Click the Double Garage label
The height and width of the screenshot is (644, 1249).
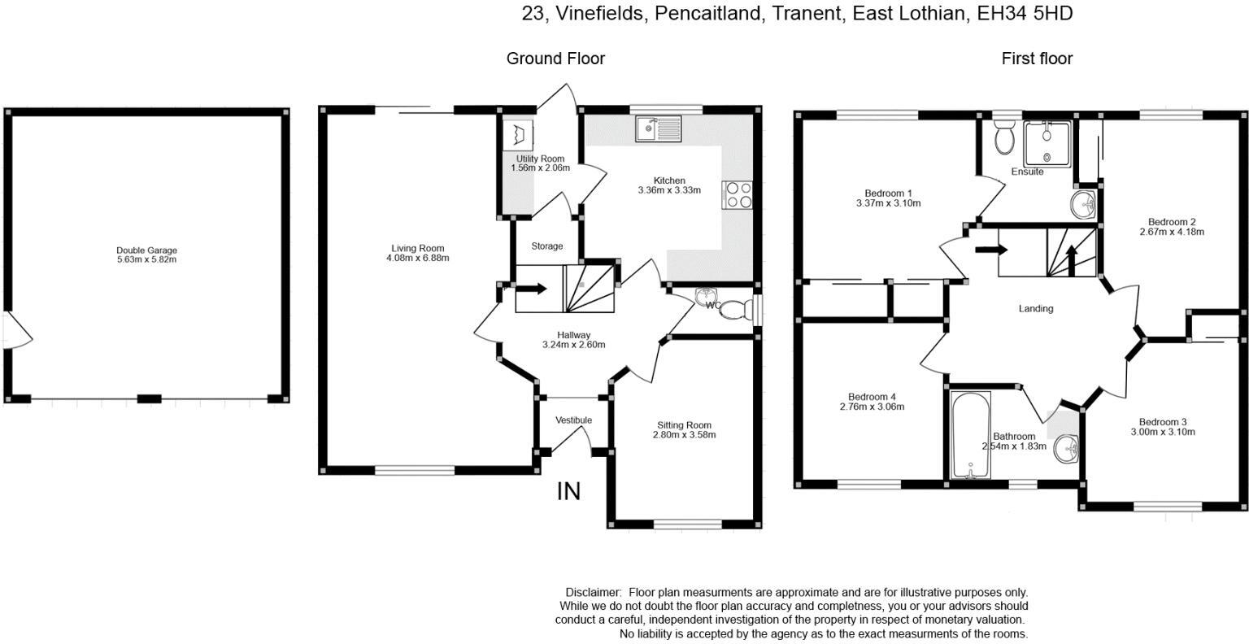click(x=146, y=250)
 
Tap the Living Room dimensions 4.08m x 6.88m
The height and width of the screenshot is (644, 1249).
click(x=417, y=259)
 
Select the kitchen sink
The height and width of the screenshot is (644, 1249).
click(x=659, y=128)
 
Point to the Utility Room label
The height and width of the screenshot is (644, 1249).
click(x=540, y=159)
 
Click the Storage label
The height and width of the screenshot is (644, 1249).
click(x=546, y=246)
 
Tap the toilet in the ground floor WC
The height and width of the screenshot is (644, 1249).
click(x=736, y=310)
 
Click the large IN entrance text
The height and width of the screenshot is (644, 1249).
click(x=568, y=491)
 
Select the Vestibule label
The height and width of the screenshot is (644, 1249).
click(x=573, y=420)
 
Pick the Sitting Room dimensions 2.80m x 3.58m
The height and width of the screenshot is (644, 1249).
click(x=684, y=435)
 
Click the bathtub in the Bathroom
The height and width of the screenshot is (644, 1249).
click(x=970, y=435)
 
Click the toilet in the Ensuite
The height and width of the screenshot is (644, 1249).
click(x=1004, y=138)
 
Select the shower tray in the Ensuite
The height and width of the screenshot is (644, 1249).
click(x=1047, y=144)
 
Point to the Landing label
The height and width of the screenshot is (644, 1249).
click(x=1035, y=309)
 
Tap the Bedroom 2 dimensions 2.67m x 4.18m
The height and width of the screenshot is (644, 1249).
click(x=1172, y=232)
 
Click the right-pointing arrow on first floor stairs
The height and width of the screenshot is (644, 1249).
click(x=986, y=250)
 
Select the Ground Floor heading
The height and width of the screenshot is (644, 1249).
click(x=555, y=59)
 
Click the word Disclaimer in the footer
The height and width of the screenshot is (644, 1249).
click(x=593, y=593)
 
